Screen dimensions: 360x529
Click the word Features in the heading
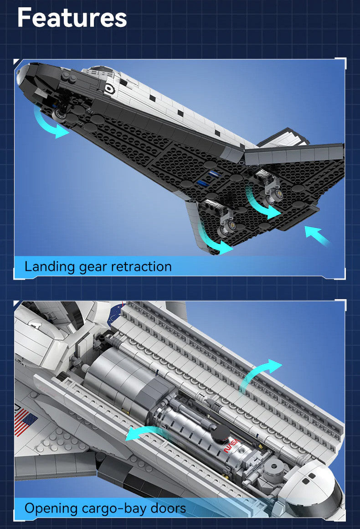(x=72, y=17)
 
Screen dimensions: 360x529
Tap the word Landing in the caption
(x=50, y=267)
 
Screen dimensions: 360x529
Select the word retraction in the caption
(x=142, y=266)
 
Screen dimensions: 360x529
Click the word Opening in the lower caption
(x=51, y=508)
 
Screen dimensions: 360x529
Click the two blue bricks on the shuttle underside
(x=206, y=178)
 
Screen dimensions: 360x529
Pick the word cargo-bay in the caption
(x=113, y=508)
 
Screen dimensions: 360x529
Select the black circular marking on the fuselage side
(x=109, y=88)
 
